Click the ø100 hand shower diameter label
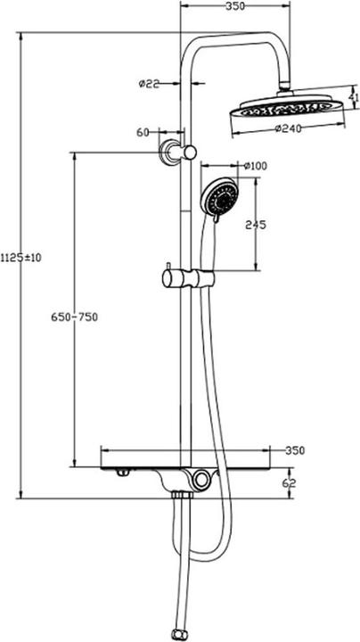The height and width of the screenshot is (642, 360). tap(256, 165)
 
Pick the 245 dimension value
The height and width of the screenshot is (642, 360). tap(255, 225)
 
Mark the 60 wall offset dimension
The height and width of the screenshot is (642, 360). tap(143, 132)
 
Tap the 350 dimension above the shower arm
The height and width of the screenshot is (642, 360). tap(234, 7)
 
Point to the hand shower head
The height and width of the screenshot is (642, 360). tap(219, 198)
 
